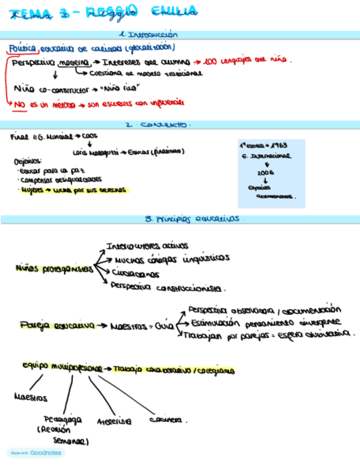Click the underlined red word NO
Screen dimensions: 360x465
[x=20, y=103]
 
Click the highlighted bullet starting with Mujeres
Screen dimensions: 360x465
[x=72, y=190]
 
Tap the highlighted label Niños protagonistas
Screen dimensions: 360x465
[x=54, y=269]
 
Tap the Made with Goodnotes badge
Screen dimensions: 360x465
[x=36, y=453]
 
